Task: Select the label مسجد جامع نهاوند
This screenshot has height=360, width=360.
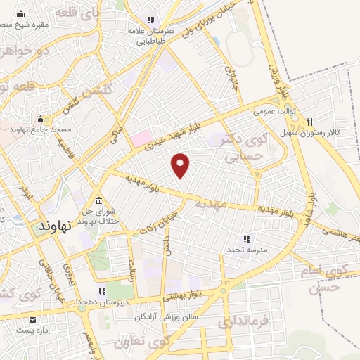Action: pos(40,131)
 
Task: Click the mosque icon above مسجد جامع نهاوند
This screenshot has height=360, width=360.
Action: pos(40,119)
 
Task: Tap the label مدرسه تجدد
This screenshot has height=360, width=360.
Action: pos(244,250)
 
